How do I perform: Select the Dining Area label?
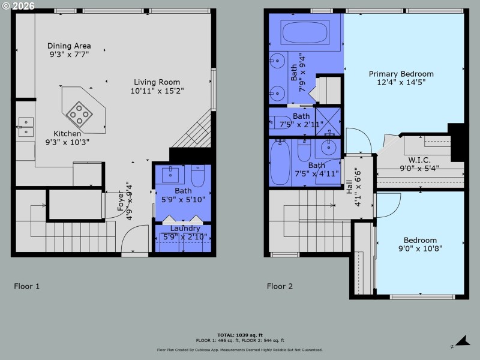(70, 46)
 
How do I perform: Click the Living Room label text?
(157, 82)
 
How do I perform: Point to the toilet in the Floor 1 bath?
(198, 175)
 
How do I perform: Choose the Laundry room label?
(185, 229)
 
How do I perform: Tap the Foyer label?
(119, 201)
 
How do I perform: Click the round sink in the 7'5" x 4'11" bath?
(328, 148)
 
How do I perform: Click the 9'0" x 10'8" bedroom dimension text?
(420, 250)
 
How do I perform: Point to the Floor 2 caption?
(280, 286)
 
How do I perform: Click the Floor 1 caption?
(27, 286)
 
